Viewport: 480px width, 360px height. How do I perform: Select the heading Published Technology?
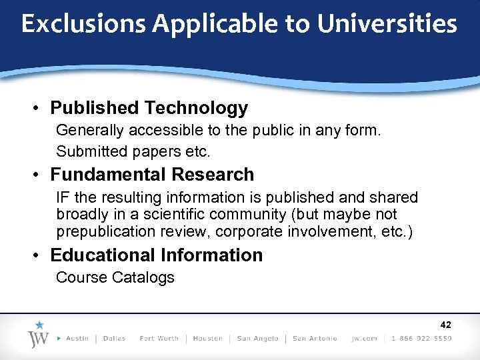149,108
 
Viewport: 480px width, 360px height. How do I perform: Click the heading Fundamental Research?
152,175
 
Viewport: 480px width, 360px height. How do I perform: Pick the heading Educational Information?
156,255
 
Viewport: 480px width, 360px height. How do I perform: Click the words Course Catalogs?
115,277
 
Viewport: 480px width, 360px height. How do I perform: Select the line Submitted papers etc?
133,151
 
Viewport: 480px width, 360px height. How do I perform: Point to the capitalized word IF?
63,198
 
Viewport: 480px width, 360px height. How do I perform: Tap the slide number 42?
445,325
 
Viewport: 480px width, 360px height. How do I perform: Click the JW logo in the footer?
39,335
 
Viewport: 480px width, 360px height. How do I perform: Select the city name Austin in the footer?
77,339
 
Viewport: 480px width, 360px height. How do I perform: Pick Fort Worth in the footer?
159,339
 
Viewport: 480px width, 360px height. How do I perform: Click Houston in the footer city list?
207,339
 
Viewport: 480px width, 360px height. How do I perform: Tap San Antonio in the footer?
315,339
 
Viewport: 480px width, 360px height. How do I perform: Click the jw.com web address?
365,339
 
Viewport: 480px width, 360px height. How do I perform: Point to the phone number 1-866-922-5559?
421,339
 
